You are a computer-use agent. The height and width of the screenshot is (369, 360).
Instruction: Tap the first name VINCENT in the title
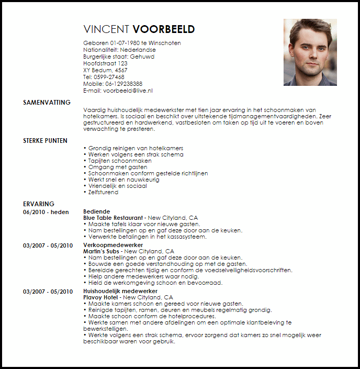coord(106,29)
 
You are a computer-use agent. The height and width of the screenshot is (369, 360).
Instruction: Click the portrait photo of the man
coord(310,52)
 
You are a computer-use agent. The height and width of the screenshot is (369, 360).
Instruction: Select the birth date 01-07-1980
coord(126,43)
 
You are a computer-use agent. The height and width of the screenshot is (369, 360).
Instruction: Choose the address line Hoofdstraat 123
coord(105,63)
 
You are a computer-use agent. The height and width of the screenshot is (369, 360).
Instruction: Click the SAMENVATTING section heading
coord(47,103)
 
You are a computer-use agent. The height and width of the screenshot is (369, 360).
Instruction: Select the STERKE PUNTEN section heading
coord(44,141)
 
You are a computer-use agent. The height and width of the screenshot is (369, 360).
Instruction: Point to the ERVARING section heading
coord(39,204)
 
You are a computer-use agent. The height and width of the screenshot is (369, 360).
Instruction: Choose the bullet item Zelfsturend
coord(104,192)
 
